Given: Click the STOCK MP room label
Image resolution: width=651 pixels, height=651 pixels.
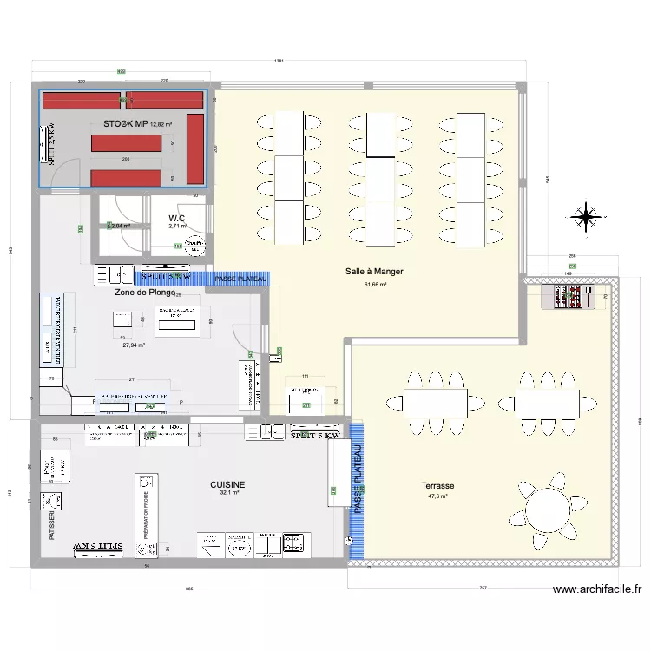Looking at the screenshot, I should pos(126,124).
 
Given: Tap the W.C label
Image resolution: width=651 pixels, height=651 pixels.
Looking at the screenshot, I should pos(177,218).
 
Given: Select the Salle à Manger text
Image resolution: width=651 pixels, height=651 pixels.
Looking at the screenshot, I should pos(374,272).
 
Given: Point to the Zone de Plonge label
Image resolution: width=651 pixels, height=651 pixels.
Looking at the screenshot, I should pos(150,293).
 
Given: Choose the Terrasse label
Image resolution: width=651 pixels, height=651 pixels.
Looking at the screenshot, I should pos(438,486).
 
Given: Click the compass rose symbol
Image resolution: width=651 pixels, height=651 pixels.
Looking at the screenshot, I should pos(587,215).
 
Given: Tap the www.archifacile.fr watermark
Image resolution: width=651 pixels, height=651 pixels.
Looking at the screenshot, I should pos(597,589).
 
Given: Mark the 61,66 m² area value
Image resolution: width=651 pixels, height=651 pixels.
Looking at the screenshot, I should pos(375,284).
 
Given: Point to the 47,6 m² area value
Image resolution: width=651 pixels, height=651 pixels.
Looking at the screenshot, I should pos(438,496).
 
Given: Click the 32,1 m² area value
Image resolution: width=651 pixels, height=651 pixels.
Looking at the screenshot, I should pos(228,493).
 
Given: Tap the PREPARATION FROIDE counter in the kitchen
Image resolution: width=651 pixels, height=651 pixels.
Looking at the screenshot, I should pos(144,512).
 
